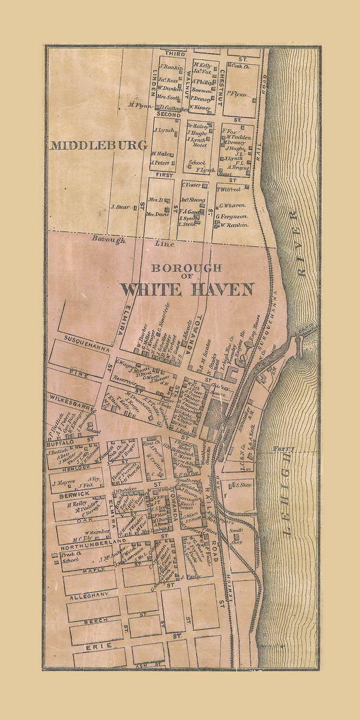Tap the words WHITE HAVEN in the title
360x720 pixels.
[x=187, y=289]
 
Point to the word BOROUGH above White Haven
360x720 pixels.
[x=184, y=268]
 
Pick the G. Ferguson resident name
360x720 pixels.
[x=232, y=216]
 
